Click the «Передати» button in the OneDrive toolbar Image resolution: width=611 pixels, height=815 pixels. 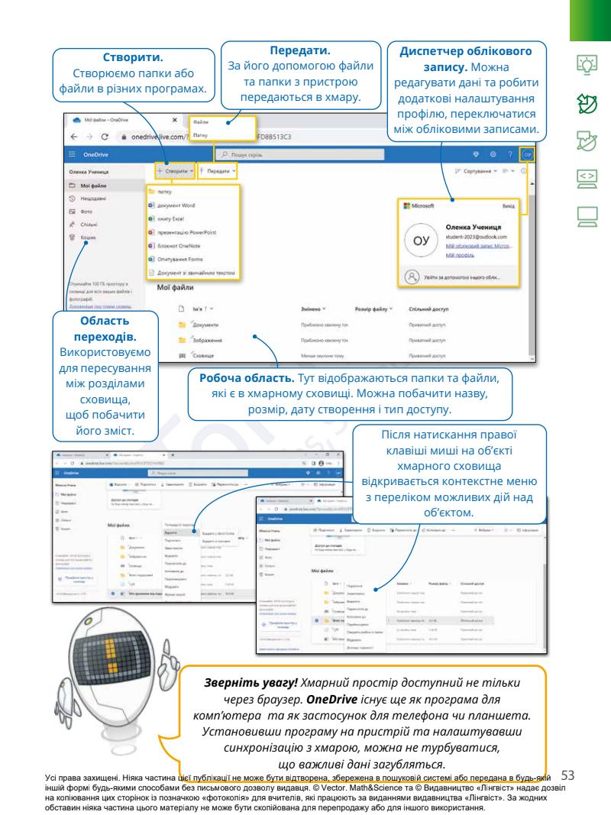[x=219, y=172]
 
